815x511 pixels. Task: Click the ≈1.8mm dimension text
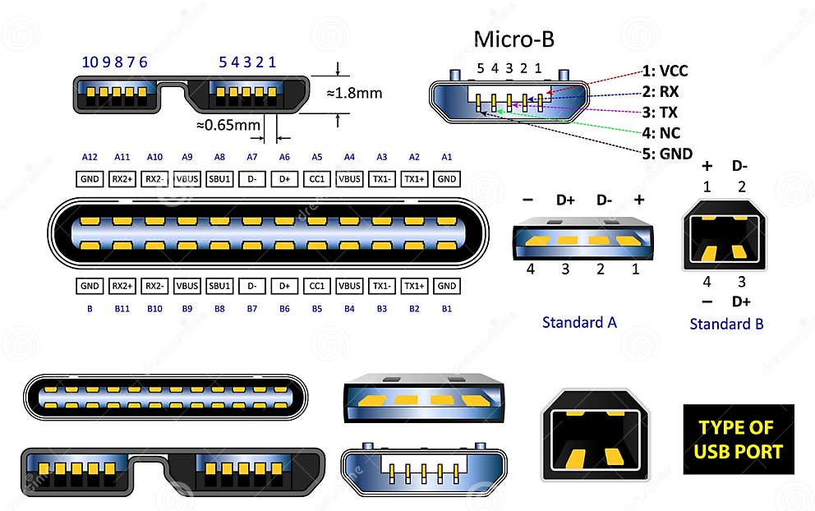coord(354,93)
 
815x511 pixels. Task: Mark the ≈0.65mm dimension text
coord(228,126)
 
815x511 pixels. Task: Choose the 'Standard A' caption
coord(579,322)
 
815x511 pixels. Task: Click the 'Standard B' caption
coord(726,324)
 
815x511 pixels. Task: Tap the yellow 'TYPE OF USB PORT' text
coord(739,440)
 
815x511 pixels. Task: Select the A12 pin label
coord(90,157)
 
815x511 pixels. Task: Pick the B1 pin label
coord(447,308)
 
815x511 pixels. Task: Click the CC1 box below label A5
coord(316,179)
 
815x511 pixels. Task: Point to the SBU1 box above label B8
coord(219,286)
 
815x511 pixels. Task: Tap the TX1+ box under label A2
coord(415,179)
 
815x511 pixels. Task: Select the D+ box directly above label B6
coord(284,286)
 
